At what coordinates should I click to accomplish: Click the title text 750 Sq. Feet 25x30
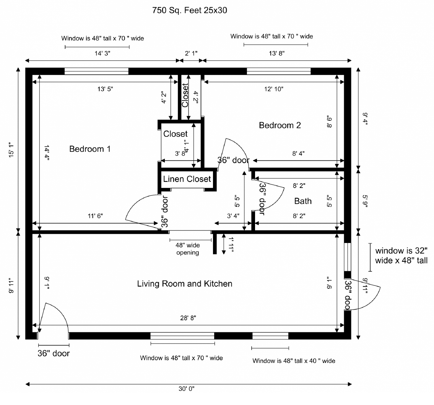(190, 10)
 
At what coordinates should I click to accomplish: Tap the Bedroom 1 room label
(90, 149)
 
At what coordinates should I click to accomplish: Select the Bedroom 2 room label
(280, 125)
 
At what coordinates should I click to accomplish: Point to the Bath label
(303, 201)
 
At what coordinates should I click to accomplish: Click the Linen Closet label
(187, 179)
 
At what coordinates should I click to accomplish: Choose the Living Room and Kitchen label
(185, 283)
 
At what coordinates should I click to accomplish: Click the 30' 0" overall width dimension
(186, 389)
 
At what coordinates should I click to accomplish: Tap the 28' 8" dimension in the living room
(188, 318)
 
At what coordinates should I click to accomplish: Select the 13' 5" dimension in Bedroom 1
(105, 89)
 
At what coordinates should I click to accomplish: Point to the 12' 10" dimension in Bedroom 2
(274, 89)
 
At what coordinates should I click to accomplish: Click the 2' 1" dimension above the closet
(191, 53)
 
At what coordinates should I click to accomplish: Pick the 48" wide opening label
(188, 249)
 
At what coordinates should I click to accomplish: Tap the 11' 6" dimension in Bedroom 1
(96, 216)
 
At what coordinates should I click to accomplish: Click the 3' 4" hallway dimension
(233, 216)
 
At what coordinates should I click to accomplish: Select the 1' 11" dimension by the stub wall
(231, 245)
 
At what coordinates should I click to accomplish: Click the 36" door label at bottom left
(54, 353)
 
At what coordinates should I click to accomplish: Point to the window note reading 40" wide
(294, 361)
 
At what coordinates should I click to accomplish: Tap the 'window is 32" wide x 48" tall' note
(401, 255)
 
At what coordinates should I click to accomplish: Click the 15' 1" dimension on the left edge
(11, 150)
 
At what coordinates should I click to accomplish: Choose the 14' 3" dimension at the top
(102, 53)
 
